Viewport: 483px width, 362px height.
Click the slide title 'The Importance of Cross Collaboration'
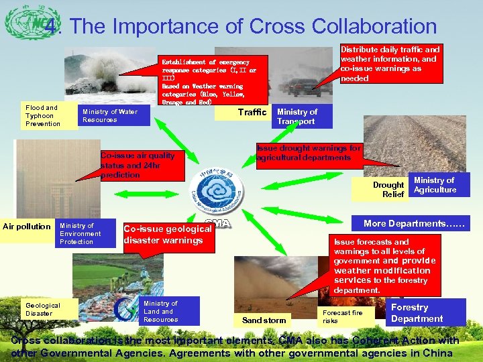coord(253,26)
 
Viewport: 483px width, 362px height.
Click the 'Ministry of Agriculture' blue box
coord(434,185)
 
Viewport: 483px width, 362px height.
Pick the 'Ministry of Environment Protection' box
coord(85,233)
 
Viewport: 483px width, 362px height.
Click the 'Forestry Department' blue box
coord(417,313)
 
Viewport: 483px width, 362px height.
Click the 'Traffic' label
coord(252,112)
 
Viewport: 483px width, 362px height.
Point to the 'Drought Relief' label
coord(388,189)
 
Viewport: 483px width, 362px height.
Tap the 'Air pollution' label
coord(27,226)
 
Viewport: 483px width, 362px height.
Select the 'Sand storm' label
coord(264,320)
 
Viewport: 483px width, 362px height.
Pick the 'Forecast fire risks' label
coord(342,316)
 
